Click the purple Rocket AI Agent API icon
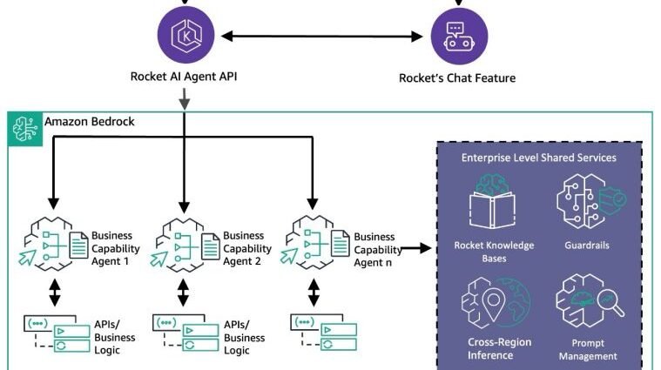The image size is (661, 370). click(x=185, y=35)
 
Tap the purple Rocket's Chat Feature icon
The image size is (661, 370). click(x=459, y=37)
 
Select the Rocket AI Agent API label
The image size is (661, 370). click(x=184, y=77)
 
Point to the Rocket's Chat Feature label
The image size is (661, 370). click(x=457, y=78)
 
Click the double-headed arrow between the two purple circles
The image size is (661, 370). click(x=322, y=37)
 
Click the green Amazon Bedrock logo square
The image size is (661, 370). click(x=25, y=129)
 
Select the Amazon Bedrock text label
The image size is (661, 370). click(x=90, y=121)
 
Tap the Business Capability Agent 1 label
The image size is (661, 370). click(x=116, y=248)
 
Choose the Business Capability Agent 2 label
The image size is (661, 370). click(x=247, y=248)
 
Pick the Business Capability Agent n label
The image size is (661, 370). click(x=378, y=250)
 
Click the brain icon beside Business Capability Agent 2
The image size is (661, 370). click(x=185, y=245)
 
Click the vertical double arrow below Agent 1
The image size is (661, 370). click(x=54, y=292)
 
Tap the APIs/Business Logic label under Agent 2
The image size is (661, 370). click(x=245, y=338)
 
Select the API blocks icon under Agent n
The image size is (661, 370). click(x=324, y=332)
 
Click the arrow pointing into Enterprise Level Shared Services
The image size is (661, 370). click(x=416, y=249)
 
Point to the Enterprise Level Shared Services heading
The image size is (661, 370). click(x=539, y=158)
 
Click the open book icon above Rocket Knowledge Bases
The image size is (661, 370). click(x=492, y=210)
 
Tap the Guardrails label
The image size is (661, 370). click(x=587, y=246)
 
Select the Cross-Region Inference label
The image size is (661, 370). click(x=500, y=348)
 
